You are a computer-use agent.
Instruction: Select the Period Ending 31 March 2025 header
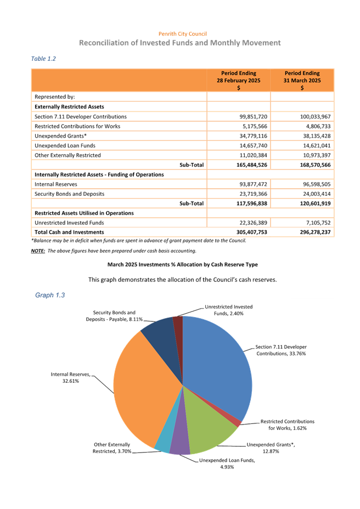coord(302,80)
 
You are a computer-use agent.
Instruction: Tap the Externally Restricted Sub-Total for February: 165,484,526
coord(238,165)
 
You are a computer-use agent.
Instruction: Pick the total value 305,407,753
coord(238,232)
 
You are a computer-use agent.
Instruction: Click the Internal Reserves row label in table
coord(55,184)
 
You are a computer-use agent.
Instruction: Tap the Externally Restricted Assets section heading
coord(69,106)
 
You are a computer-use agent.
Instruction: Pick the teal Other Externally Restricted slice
coord(162,439)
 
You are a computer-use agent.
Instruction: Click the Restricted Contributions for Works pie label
coord(287,425)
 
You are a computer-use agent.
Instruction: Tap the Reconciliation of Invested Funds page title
coord(180,43)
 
